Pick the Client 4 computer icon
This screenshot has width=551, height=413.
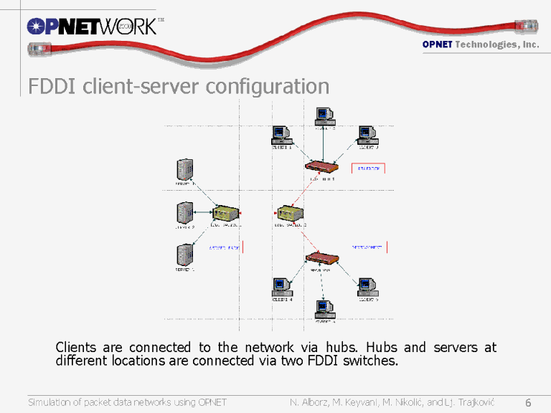point(281,286)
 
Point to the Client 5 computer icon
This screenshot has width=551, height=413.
point(367,286)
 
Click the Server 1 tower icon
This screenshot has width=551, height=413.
point(185,255)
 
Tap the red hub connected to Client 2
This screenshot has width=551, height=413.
point(321,167)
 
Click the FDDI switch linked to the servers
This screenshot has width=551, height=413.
point(225,213)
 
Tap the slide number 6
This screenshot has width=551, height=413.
point(528,402)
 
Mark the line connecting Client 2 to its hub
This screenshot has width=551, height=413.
point(324,143)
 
